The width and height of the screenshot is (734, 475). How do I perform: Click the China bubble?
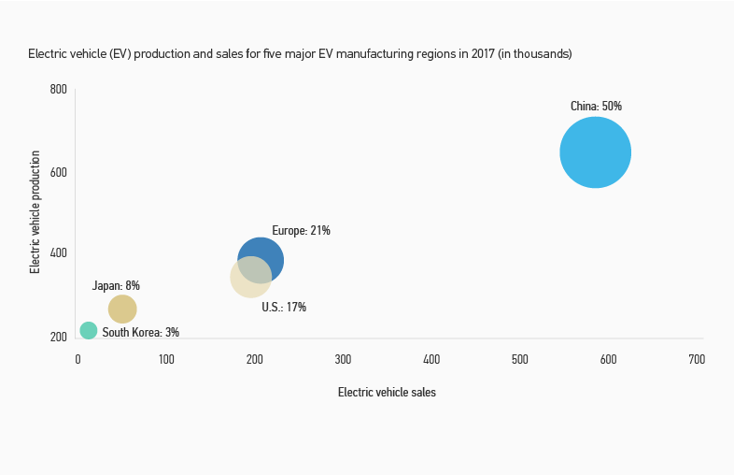coord(595,152)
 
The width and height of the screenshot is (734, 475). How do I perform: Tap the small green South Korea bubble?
coord(89,330)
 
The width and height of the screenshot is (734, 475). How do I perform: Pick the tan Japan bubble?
coord(122,309)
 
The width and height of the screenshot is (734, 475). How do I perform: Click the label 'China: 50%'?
coord(596,107)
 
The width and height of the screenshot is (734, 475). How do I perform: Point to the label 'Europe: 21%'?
coord(301,231)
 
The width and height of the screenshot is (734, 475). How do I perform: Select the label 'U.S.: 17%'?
coord(284,307)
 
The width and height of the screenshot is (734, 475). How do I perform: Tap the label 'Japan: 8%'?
coord(116,285)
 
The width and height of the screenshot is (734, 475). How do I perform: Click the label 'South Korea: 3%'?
coord(140,332)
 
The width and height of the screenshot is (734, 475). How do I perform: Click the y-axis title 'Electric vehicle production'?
coord(35,211)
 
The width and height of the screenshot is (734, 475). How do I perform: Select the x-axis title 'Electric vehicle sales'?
coord(387,393)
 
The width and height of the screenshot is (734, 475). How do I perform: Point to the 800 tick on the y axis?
coord(58,90)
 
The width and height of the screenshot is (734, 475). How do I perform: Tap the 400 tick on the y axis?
coord(58,253)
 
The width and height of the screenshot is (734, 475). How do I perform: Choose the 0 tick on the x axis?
coord(78,359)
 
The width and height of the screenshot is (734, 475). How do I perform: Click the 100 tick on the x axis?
coord(166,359)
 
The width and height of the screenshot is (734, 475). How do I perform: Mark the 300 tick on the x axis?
coord(343,359)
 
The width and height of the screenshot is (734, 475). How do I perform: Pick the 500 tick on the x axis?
coord(520,359)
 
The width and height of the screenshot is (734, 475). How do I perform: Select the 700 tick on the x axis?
coord(697,359)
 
